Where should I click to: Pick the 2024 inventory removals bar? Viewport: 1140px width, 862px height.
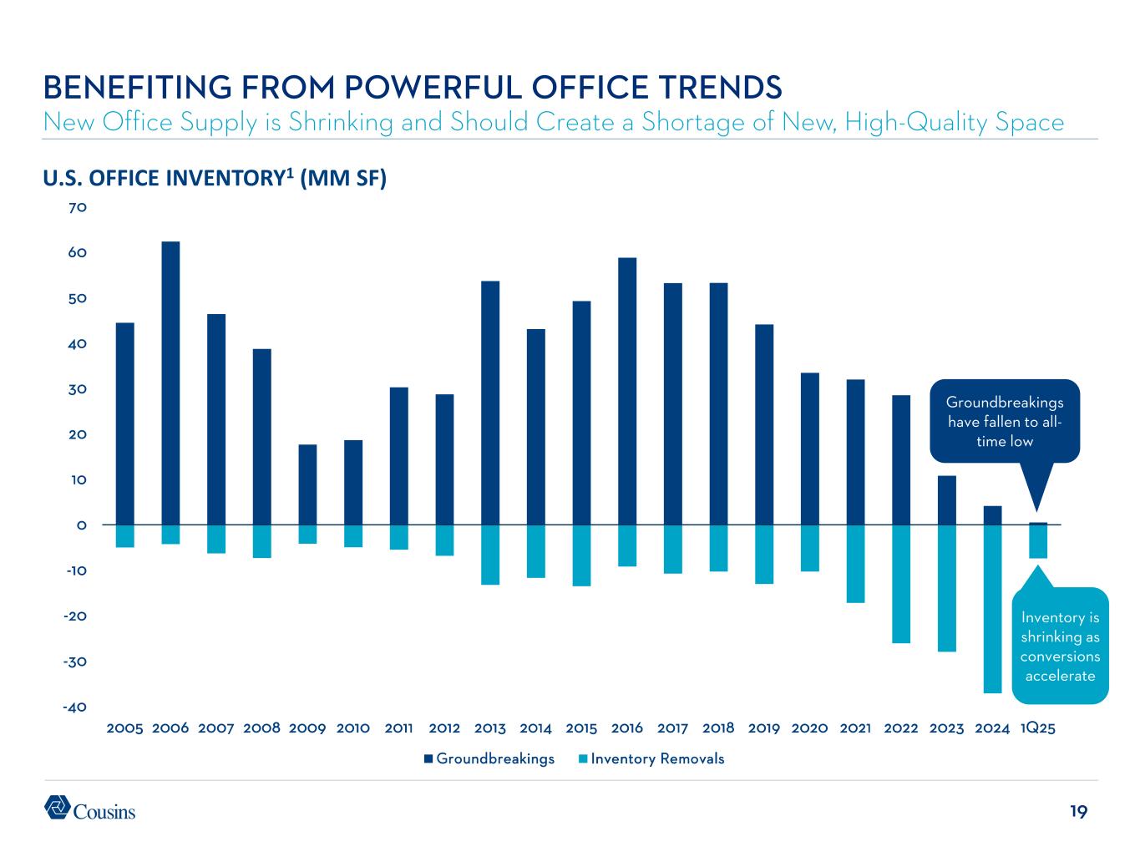point(992,609)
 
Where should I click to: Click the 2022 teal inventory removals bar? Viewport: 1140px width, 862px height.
point(901,584)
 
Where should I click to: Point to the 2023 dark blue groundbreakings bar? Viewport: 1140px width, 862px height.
point(946,500)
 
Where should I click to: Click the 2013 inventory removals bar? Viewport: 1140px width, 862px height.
point(490,555)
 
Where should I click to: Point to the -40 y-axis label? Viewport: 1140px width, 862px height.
point(73,707)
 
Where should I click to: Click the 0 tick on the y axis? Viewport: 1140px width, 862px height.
point(82,525)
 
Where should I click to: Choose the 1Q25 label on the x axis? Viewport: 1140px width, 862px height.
point(1038,728)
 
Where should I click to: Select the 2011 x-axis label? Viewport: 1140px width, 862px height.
point(399,728)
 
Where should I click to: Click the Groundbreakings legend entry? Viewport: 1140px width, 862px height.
point(489,759)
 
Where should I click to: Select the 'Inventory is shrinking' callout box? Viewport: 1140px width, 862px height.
point(1060,646)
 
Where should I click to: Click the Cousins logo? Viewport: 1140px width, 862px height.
point(89,809)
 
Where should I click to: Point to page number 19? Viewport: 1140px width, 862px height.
point(1078,811)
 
